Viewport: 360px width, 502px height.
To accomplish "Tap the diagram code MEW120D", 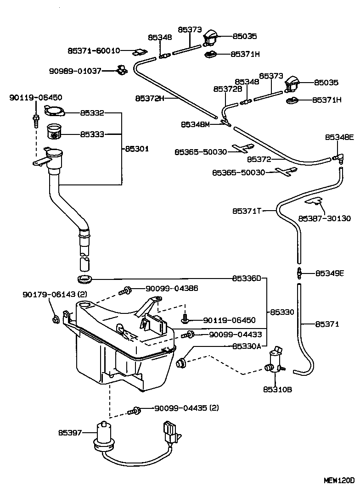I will click(x=339, y=480).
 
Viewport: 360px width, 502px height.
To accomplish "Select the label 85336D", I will click(x=246, y=278).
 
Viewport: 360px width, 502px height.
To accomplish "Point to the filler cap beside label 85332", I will click(x=55, y=111).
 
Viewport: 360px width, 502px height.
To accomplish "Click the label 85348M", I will click(x=196, y=124).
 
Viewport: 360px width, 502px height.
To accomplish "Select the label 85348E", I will click(x=339, y=137).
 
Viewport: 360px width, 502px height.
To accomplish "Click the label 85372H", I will click(x=150, y=98).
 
